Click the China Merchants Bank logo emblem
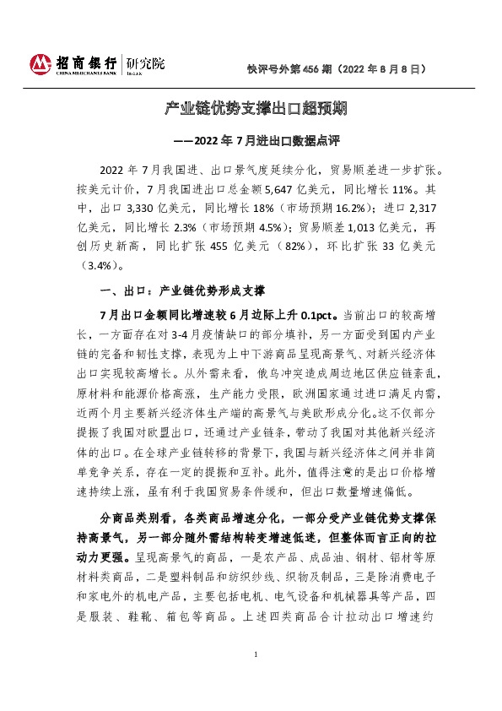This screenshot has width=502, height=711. [x=41, y=64]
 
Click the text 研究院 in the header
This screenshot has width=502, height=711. [x=146, y=64]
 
